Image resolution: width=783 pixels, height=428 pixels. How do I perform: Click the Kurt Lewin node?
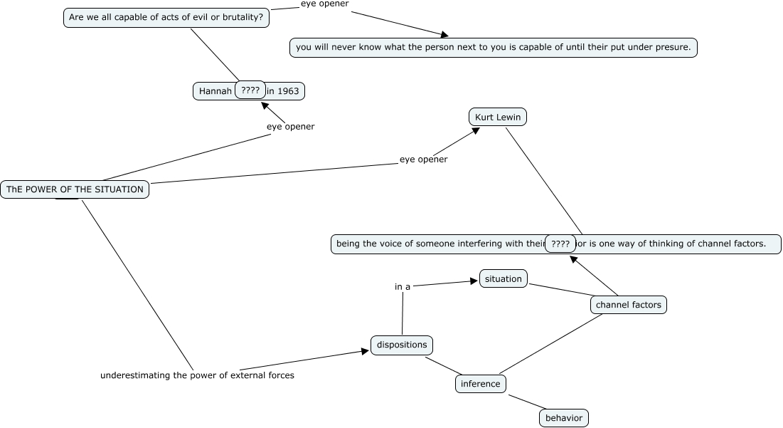(x=498, y=117)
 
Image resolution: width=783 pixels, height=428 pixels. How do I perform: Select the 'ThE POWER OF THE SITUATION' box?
(x=75, y=189)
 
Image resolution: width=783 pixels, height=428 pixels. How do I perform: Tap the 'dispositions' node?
(x=402, y=345)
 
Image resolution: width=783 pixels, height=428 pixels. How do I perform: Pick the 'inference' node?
(x=480, y=384)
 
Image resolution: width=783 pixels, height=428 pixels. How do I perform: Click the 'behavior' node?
(x=564, y=418)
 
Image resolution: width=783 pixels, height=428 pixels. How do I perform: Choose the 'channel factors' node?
(x=628, y=305)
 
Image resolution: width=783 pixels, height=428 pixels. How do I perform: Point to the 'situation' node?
(x=503, y=279)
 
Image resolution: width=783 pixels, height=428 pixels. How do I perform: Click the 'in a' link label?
(x=403, y=287)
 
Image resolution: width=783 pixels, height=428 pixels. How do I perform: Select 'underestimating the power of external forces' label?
(x=197, y=375)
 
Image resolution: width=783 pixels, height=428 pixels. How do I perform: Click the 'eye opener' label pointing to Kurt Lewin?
(x=423, y=160)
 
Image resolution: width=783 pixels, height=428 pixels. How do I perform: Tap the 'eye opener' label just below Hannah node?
(x=290, y=127)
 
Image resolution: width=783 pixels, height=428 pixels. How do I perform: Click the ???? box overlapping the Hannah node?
(x=250, y=90)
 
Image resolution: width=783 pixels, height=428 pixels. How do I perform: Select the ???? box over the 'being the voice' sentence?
(x=560, y=244)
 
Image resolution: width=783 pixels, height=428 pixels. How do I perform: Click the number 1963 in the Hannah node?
(x=287, y=91)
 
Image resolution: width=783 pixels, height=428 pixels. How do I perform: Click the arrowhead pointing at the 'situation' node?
(x=474, y=281)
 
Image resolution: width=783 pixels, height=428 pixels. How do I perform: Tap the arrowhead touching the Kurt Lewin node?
(x=475, y=130)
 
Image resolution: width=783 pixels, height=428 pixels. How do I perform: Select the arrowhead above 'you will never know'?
(x=444, y=34)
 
